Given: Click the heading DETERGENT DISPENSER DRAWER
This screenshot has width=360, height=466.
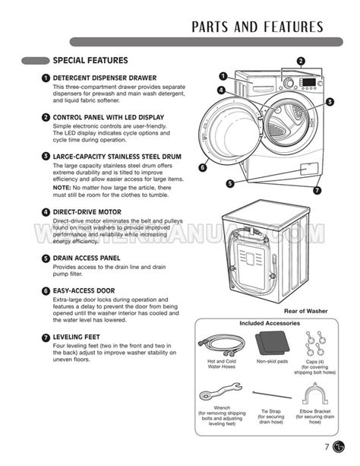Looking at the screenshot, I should tap(104, 78).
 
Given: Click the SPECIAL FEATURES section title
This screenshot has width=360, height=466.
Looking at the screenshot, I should tap(90, 60).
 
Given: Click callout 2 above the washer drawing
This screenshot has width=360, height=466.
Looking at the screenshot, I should tap(300, 61).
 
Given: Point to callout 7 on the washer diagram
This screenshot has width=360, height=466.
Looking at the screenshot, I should tap(317, 190).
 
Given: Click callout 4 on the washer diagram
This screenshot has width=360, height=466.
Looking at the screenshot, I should tap(220, 90).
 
